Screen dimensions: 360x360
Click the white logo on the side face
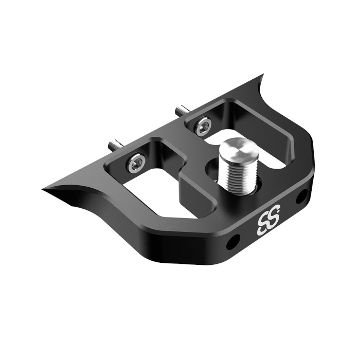pos(268,221)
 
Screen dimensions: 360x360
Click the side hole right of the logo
pos(302,195)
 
